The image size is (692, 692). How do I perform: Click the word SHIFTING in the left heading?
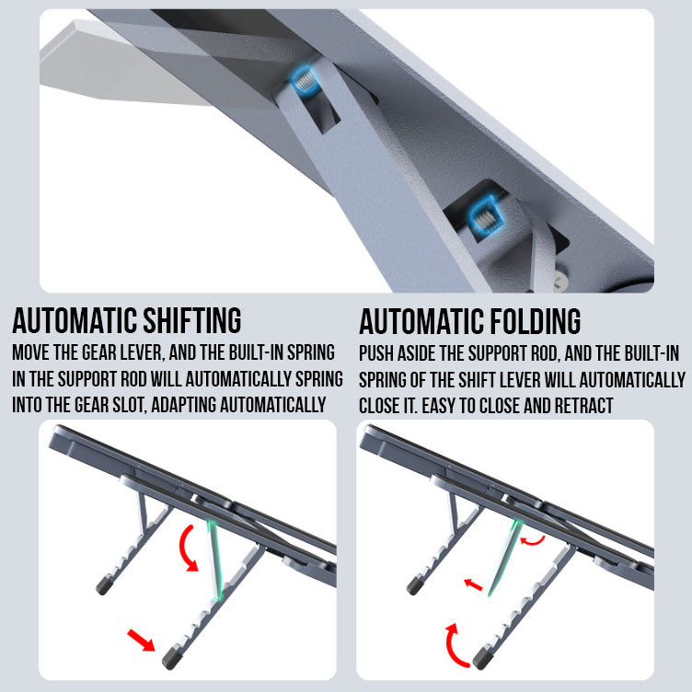(x=192, y=321)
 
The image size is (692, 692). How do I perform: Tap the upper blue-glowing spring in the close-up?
(x=304, y=79)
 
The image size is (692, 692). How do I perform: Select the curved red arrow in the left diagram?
(x=187, y=548)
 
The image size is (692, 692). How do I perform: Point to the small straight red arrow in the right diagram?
(x=473, y=584)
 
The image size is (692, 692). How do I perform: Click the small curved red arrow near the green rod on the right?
(x=533, y=540)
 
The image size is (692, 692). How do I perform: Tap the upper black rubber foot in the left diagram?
(x=104, y=585)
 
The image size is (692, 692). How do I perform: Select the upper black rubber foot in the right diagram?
(x=415, y=585)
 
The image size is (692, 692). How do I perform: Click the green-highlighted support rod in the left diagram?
(x=214, y=559)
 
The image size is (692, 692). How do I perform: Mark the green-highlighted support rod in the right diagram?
(x=504, y=559)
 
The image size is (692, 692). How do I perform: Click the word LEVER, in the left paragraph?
(x=141, y=352)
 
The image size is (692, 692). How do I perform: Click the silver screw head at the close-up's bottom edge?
(x=559, y=282)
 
